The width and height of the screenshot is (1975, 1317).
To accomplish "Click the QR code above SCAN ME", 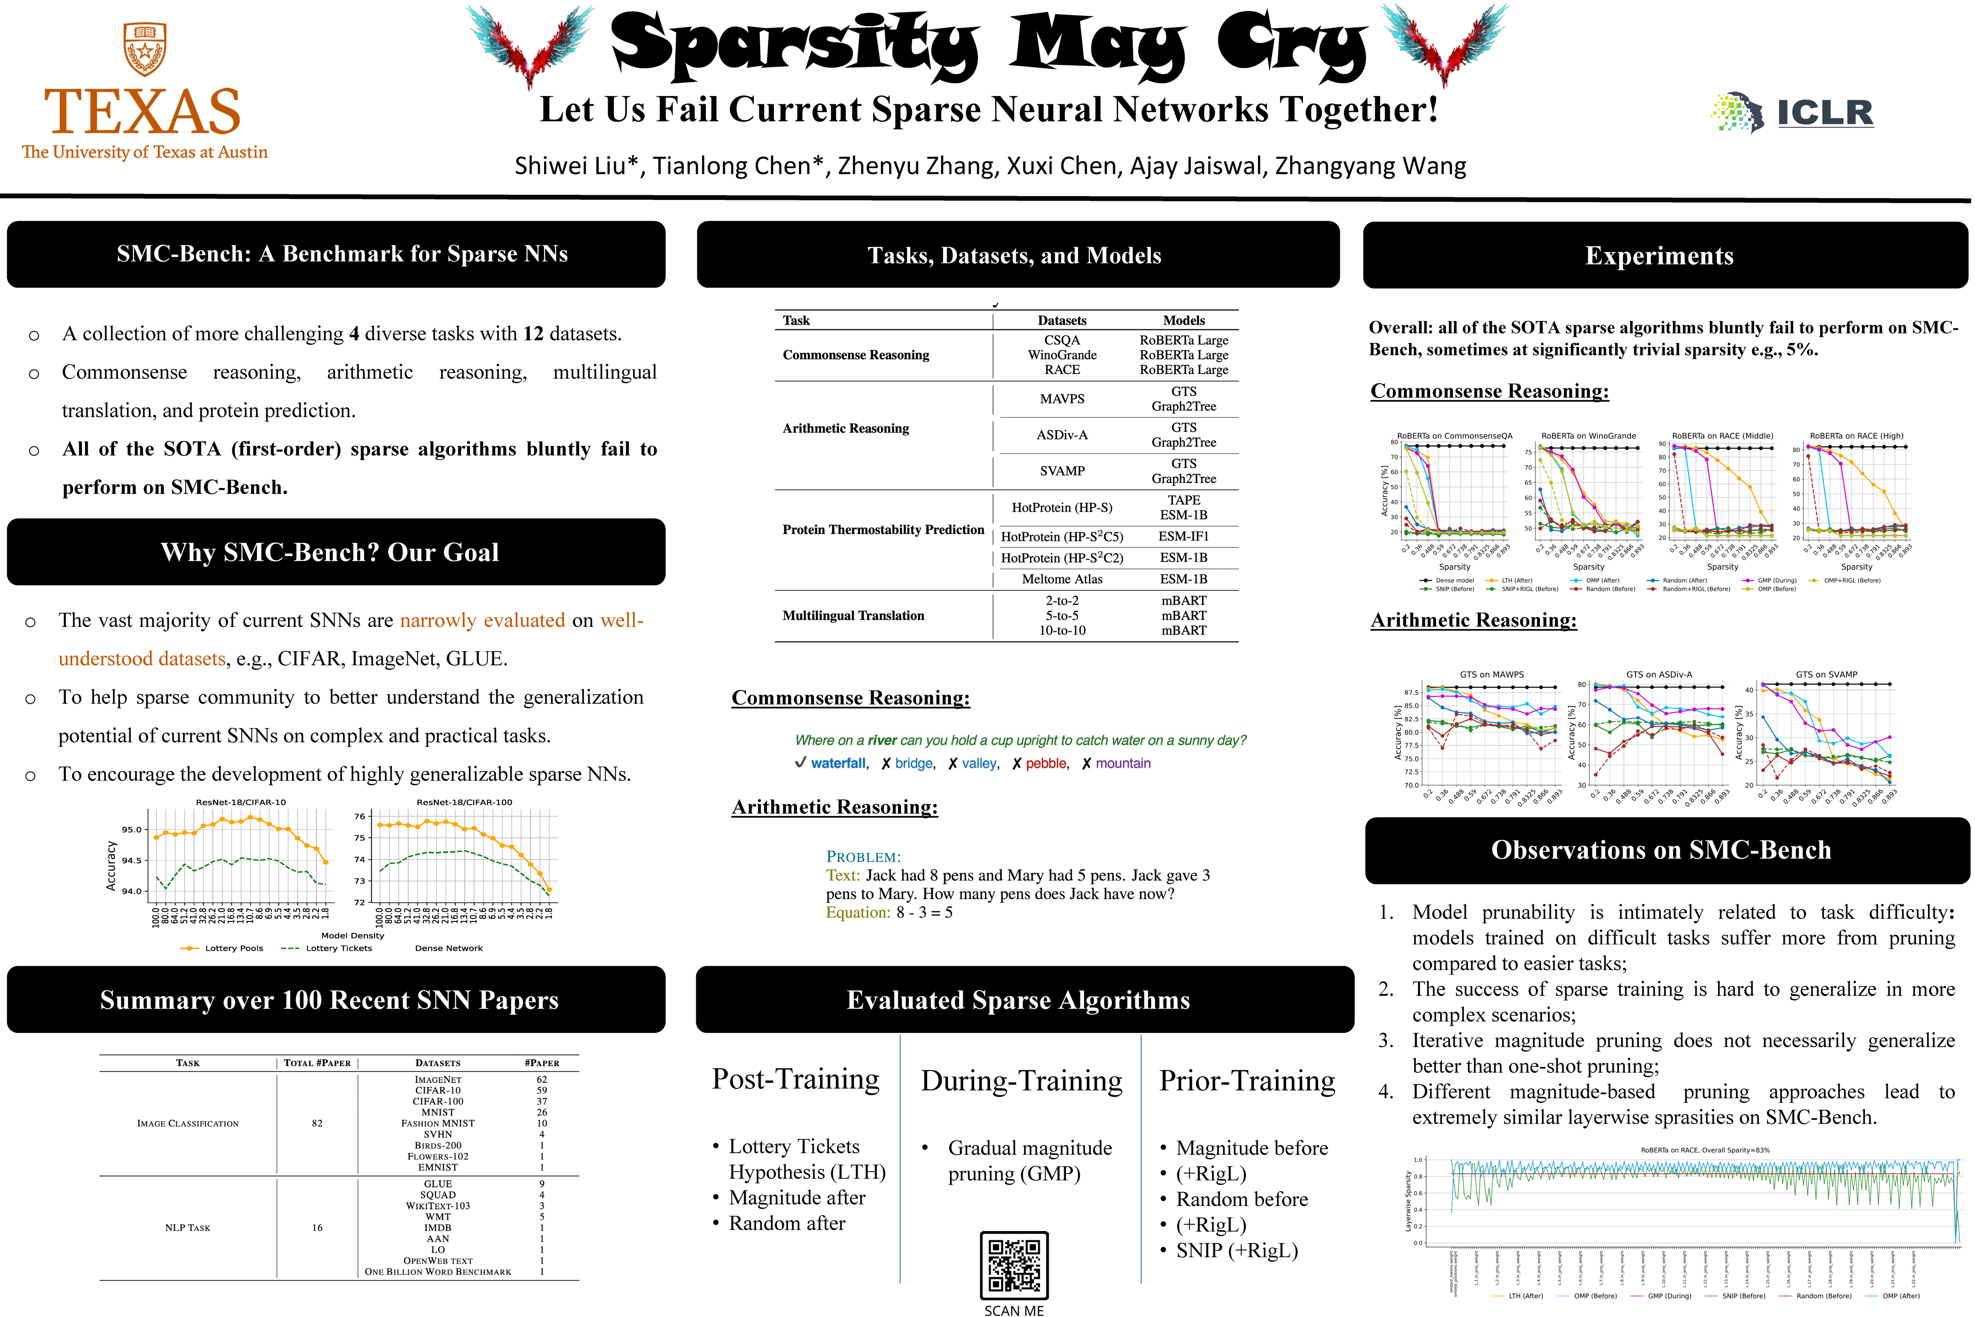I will pyautogui.click(x=1014, y=1265).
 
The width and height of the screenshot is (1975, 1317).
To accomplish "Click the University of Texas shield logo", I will pyautogui.click(x=144, y=49).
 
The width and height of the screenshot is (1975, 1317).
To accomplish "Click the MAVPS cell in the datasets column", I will pyautogui.click(x=1062, y=399).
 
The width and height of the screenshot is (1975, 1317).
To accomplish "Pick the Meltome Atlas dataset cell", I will pyautogui.click(x=1062, y=579).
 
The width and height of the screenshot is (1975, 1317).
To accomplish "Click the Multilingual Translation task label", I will pyautogui.click(x=853, y=616).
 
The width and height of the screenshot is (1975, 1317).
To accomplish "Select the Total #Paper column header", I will pyautogui.click(x=317, y=1062).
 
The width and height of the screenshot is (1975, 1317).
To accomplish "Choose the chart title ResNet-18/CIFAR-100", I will pyautogui.click(x=464, y=802).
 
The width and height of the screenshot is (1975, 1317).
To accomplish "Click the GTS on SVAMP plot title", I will pyautogui.click(x=1826, y=675).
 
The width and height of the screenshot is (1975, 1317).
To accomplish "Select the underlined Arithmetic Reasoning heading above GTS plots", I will pyautogui.click(x=1473, y=620).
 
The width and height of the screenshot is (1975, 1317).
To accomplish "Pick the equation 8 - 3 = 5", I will pyautogui.click(x=923, y=913).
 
